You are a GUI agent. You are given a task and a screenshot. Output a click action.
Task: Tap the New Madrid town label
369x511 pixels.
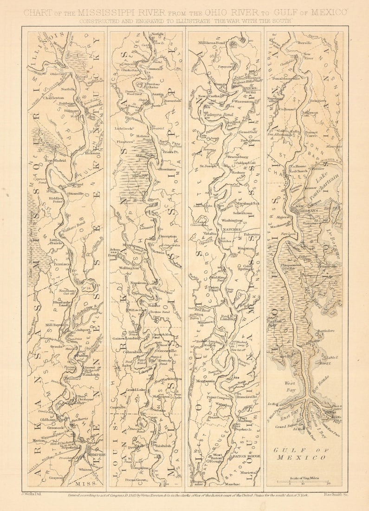point(56,161)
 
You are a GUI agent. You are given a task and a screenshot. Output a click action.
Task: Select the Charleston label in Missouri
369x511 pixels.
point(53,98)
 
